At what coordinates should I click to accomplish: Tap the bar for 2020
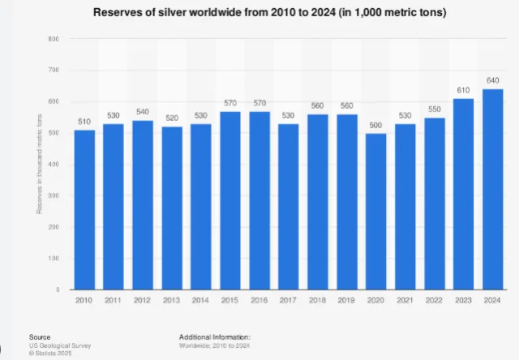[376, 211]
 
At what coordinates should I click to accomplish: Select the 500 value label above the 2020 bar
[376, 126]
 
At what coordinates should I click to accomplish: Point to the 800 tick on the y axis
[53, 39]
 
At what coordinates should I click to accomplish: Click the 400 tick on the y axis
[53, 164]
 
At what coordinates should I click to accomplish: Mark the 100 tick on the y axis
[53, 258]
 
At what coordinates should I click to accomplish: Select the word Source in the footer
[39, 336]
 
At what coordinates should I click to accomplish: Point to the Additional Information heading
[215, 336]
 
